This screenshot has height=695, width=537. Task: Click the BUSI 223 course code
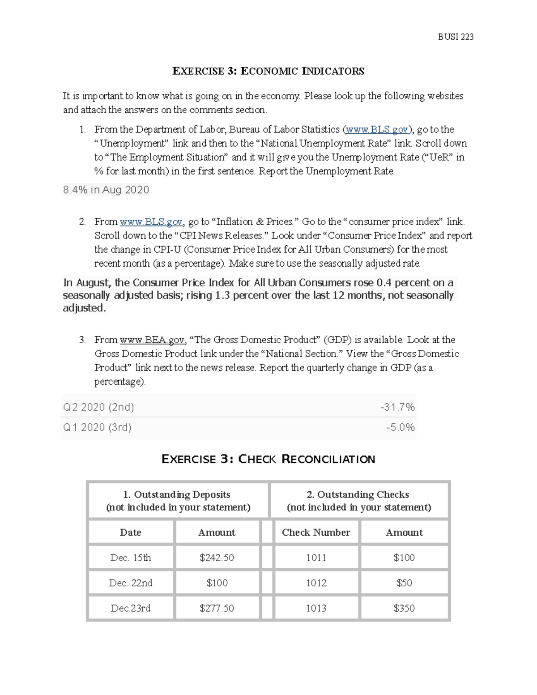[455, 37]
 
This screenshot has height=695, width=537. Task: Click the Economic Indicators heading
[268, 71]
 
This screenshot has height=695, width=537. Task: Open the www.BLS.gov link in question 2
[151, 222]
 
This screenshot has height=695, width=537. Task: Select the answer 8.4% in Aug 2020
[106, 190]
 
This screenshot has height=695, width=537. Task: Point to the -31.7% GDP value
[397, 407]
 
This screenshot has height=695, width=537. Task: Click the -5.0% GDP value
[400, 427]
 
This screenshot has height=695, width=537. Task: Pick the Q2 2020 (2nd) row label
[98, 407]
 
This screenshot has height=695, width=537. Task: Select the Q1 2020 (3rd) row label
[97, 427]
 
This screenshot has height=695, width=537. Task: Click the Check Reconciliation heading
[268, 459]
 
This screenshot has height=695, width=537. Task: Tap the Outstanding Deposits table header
[178, 500]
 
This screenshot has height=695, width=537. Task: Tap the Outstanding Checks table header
[359, 500]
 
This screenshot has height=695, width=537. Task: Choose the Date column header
[131, 533]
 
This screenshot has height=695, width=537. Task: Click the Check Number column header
[316, 533]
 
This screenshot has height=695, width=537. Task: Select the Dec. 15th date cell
[131, 558]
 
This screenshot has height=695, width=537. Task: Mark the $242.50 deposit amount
[217, 558]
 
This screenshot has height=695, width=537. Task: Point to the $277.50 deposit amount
[217, 609]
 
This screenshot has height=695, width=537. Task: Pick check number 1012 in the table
[316, 583]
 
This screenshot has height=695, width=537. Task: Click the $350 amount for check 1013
[404, 609]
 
